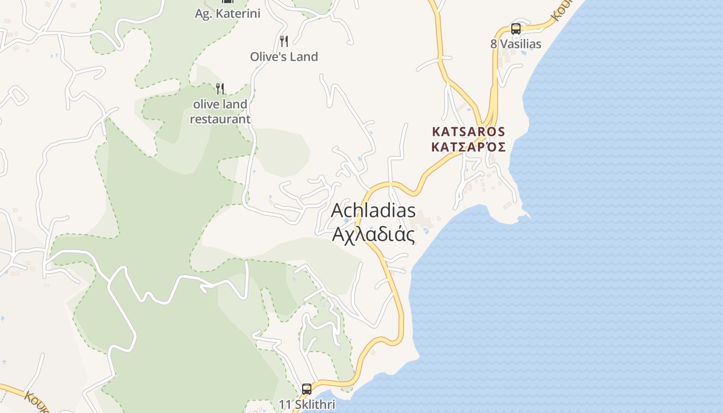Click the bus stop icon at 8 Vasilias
click(515, 29)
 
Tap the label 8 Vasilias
click(516, 44)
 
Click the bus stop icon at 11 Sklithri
click(307, 389)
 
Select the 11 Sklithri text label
click(307, 404)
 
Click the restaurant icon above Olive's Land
click(284, 41)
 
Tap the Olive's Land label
click(284, 56)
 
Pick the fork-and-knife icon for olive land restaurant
click(220, 88)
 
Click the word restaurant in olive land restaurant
click(220, 119)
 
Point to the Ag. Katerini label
click(227, 13)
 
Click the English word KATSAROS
click(468, 132)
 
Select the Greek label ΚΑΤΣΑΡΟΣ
click(468, 147)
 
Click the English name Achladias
click(373, 211)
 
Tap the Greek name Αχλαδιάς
click(373, 234)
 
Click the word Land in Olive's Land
click(303, 56)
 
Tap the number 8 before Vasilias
click(494, 44)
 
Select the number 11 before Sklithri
click(285, 404)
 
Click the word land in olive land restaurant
click(234, 104)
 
